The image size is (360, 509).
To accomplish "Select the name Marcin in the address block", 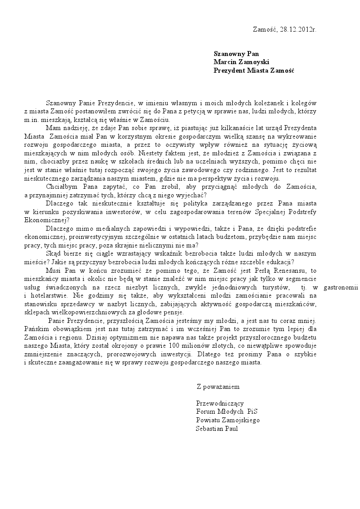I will pos(225,62).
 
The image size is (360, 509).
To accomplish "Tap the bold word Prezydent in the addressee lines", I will pos(229,70).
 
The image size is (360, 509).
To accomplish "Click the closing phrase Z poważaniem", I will pos(218,387).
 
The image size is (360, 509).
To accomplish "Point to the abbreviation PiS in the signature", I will pos(252,412).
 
